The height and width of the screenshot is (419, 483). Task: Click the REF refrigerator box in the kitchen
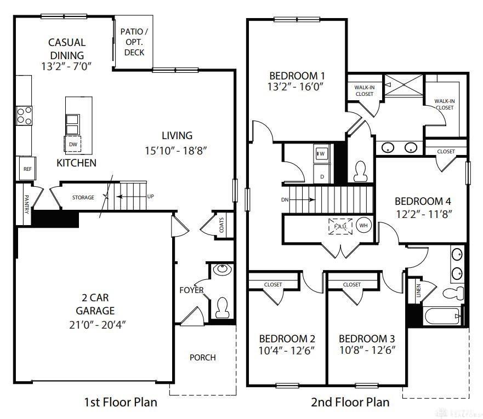pyautogui.click(x=27, y=168)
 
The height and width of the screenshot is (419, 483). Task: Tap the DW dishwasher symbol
pyautogui.click(x=73, y=144)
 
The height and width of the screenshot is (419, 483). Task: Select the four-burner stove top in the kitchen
pyautogui.click(x=24, y=116)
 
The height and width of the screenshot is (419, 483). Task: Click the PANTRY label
pyautogui.click(x=26, y=204)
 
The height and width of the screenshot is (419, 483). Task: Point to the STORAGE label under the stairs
pyautogui.click(x=83, y=198)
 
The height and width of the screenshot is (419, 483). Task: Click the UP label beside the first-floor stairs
pyautogui.click(x=150, y=196)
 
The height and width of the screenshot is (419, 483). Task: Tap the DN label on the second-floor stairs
pyautogui.click(x=285, y=200)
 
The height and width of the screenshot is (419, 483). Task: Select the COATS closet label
pyautogui.click(x=221, y=225)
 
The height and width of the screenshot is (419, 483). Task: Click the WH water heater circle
pyautogui.click(x=363, y=226)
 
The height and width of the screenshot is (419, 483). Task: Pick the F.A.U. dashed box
pyautogui.click(x=340, y=226)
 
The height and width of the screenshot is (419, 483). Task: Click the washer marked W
pyautogui.click(x=322, y=153)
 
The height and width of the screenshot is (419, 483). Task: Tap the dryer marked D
pyautogui.click(x=322, y=174)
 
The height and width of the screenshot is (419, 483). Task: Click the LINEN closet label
pyautogui.click(x=418, y=290)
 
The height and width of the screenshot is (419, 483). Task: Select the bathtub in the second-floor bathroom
pyautogui.click(x=442, y=316)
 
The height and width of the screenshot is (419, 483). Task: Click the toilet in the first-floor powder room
pyautogui.click(x=222, y=308)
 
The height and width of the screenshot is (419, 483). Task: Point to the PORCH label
pyautogui.click(x=203, y=358)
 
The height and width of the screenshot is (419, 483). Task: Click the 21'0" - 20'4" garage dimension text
pyautogui.click(x=98, y=325)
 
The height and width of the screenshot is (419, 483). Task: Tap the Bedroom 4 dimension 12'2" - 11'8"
pyautogui.click(x=424, y=214)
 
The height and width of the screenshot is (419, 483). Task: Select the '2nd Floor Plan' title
pyautogui.click(x=350, y=402)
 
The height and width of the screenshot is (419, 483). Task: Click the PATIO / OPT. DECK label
pyautogui.click(x=134, y=42)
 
